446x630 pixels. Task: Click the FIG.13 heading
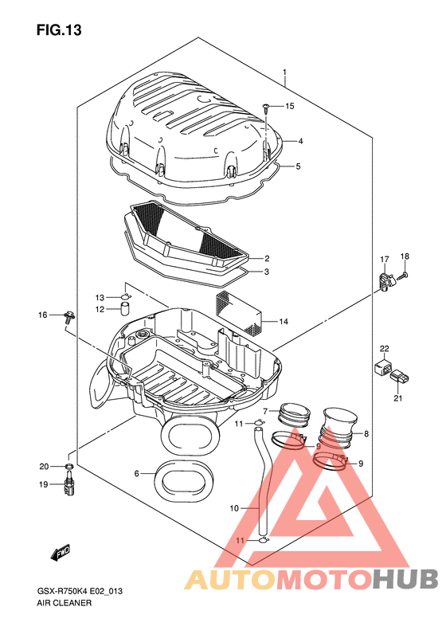pyautogui.click(x=59, y=30)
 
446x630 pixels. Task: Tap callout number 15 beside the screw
pyautogui.click(x=290, y=106)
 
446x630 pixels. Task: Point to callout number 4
pyautogui.click(x=300, y=141)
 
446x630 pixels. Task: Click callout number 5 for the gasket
pyautogui.click(x=298, y=166)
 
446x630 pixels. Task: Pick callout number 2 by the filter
pyautogui.click(x=266, y=258)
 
